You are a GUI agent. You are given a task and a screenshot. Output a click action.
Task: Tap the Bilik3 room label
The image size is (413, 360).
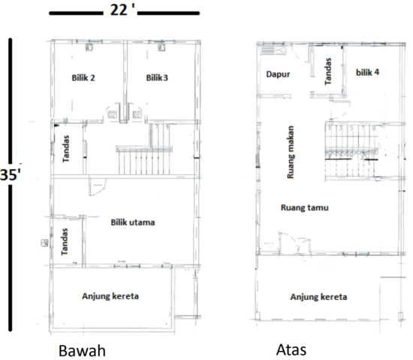point(158,77)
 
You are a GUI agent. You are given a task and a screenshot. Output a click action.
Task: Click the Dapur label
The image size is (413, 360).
point(278,74)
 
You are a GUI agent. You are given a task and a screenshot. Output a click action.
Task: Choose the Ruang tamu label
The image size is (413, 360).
point(305,207)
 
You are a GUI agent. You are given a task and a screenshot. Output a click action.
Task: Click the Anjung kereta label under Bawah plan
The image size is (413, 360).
point(110,296)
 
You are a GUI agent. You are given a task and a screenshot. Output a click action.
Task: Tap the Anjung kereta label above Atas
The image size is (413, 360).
point(318,297)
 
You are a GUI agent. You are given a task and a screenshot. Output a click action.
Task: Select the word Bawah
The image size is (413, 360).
point(81,351)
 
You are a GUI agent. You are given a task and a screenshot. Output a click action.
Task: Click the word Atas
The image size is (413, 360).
point(291,350)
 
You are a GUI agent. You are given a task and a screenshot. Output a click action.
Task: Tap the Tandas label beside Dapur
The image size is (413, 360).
point(328,72)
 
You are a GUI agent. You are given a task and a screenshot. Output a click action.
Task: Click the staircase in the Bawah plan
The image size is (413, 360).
point(140,160)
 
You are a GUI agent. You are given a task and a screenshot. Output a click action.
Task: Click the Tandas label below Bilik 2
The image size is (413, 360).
point(66,148)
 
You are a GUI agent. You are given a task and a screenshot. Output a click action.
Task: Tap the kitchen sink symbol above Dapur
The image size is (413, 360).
point(268,50)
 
